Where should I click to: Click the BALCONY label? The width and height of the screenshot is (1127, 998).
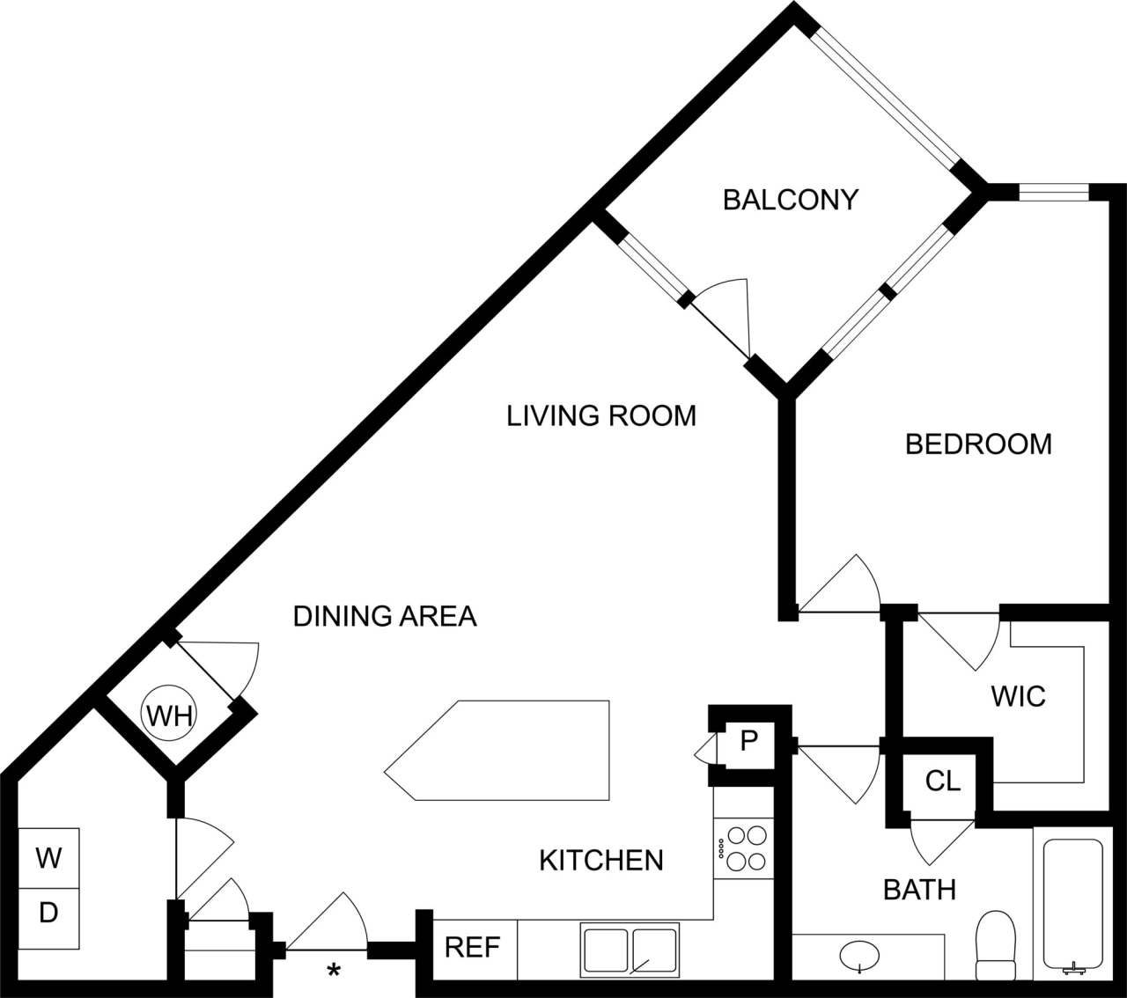790,200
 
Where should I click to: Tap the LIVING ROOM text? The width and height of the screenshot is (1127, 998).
601,415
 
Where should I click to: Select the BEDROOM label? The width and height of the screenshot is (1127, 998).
978,444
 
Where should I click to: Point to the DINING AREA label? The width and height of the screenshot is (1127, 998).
385,616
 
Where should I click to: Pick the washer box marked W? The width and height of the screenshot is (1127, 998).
49,857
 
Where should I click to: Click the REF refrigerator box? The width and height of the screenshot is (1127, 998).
473,948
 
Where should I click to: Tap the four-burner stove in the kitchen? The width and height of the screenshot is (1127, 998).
744,847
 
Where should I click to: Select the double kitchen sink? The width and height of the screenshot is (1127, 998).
630,948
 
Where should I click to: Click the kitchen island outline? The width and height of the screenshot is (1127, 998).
497,751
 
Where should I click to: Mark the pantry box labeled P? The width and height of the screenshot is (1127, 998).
748,741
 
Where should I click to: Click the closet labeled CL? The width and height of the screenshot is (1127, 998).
943,781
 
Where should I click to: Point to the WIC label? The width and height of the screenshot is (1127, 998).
1018,697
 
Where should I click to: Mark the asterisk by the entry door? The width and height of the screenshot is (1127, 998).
334,972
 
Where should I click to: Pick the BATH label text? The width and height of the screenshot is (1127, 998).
919,890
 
